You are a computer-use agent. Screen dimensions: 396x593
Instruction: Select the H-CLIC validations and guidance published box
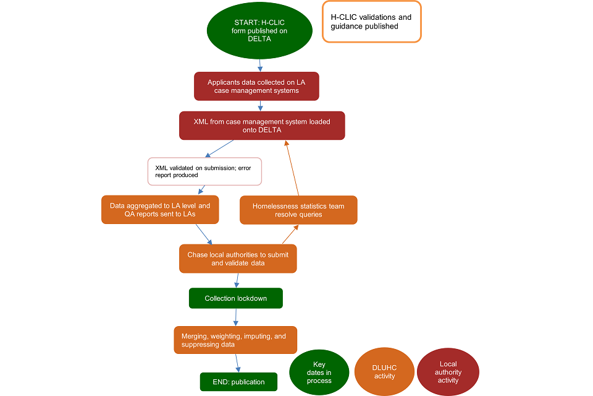371,22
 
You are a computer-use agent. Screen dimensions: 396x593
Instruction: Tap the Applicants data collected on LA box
256,86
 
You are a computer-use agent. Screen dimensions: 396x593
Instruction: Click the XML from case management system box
262,126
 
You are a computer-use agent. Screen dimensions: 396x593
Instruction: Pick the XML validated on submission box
204,171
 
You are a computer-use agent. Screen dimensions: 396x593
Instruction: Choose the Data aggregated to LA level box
160,210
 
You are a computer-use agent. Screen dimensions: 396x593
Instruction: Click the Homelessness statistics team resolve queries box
298,210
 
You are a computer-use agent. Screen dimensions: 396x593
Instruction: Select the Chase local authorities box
238,259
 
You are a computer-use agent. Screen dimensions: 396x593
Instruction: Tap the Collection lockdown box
236,298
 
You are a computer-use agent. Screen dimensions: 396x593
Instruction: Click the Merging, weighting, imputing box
235,340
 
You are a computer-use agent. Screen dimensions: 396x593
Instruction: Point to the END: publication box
238,382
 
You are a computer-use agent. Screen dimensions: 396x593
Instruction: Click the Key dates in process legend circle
319,372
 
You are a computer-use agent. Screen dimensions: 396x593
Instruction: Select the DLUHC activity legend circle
384,372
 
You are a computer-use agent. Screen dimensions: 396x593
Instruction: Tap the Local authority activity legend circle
448,372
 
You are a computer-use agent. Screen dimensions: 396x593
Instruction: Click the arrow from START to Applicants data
260,64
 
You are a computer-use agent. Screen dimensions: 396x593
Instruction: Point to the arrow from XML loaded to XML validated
219,148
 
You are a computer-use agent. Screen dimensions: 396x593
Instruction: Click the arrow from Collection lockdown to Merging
236,317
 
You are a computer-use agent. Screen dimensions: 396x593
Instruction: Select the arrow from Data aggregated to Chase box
204,234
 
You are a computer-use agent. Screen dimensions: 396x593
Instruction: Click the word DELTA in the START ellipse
259,38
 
